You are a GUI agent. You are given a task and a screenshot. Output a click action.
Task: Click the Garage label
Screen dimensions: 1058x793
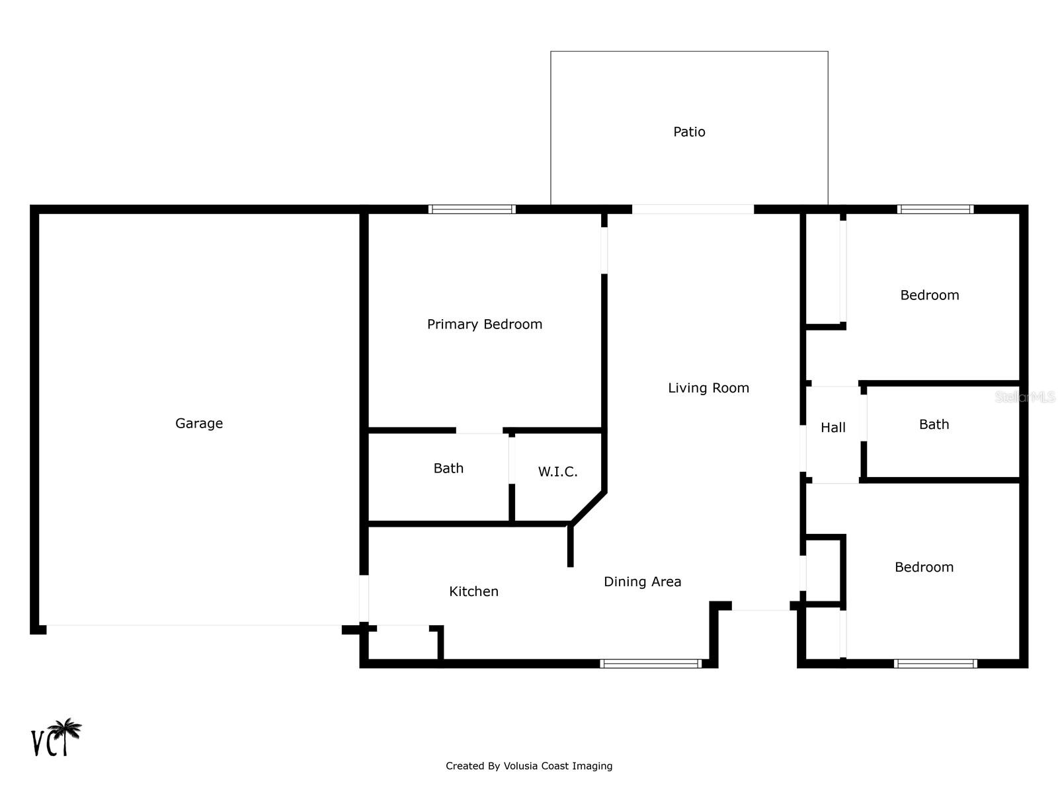pyautogui.click(x=198, y=423)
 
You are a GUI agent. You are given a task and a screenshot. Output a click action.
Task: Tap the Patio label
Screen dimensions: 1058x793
pyautogui.click(x=689, y=132)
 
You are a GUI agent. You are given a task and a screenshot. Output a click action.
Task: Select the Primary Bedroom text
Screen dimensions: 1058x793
pyautogui.click(x=485, y=324)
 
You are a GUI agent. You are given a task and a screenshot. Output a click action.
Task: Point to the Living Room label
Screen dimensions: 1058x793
pyautogui.click(x=708, y=388)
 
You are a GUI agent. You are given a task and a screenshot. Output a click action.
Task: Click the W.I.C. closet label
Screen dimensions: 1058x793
pyautogui.click(x=557, y=472)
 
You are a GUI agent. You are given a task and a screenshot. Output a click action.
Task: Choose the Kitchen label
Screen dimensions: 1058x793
pyautogui.click(x=473, y=591)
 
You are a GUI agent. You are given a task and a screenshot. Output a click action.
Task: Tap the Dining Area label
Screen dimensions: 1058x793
pyautogui.click(x=642, y=582)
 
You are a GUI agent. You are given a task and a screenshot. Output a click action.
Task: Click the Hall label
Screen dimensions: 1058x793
pyautogui.click(x=833, y=428)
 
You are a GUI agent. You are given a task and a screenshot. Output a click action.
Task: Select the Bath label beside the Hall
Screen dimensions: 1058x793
pyautogui.click(x=934, y=424)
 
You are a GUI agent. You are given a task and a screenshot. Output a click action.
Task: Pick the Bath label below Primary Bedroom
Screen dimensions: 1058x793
pyautogui.click(x=448, y=468)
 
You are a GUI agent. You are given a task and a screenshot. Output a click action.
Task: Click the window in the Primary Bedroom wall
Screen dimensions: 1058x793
pyautogui.click(x=472, y=209)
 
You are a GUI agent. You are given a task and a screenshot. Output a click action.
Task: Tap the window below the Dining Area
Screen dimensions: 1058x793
pyautogui.click(x=651, y=663)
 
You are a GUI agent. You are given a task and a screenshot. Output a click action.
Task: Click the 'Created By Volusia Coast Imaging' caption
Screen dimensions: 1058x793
pyautogui.click(x=529, y=766)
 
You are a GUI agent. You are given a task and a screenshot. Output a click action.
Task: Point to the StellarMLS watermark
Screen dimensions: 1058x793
pyautogui.click(x=1025, y=397)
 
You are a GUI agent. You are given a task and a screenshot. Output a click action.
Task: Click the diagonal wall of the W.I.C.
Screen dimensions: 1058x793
pyautogui.click(x=588, y=508)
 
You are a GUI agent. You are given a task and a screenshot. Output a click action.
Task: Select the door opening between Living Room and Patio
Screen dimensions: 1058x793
pyautogui.click(x=692, y=209)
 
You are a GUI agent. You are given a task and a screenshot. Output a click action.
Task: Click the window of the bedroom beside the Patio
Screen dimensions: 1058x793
pyautogui.click(x=935, y=209)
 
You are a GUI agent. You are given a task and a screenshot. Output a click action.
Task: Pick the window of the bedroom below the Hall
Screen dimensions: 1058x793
pyautogui.click(x=935, y=663)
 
